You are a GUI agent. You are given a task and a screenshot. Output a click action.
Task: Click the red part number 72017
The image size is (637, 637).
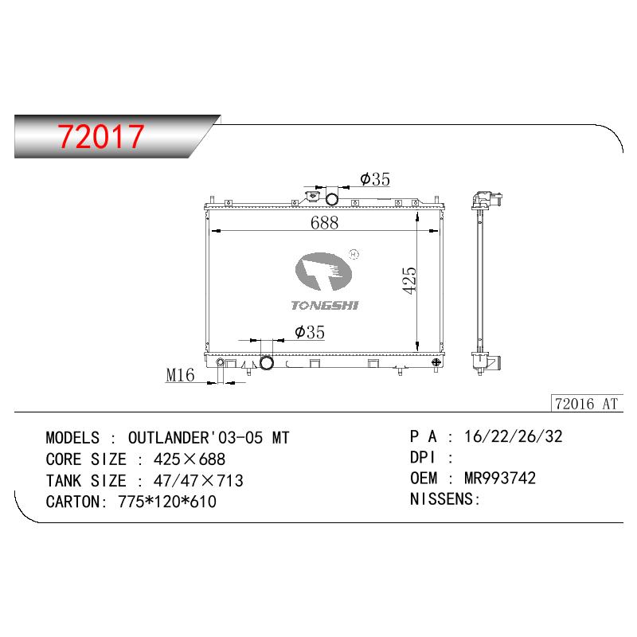pyautogui.click(x=101, y=136)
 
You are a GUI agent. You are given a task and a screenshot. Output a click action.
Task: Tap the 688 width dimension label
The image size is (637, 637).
pyautogui.click(x=324, y=223)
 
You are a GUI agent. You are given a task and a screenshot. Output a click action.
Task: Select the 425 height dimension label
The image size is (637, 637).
pyautogui.click(x=409, y=280)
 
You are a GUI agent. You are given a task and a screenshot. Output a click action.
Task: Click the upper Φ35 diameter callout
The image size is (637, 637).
pyautogui.click(x=375, y=179)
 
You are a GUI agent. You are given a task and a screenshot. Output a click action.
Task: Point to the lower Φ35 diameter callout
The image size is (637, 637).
pyautogui.click(x=310, y=332)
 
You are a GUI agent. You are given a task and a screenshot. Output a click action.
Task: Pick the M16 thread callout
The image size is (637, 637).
pyautogui.click(x=181, y=375)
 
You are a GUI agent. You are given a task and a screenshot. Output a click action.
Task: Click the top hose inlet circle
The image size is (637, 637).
pyautogui.click(x=332, y=199)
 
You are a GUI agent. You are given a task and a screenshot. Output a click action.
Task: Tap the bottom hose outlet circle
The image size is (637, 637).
pyautogui.click(x=267, y=363)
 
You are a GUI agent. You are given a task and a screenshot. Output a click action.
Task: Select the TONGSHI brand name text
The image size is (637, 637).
pyautogui.click(x=325, y=306)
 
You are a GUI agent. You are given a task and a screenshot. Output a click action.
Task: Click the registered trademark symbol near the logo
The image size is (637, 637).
pyautogui.click(x=354, y=254)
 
